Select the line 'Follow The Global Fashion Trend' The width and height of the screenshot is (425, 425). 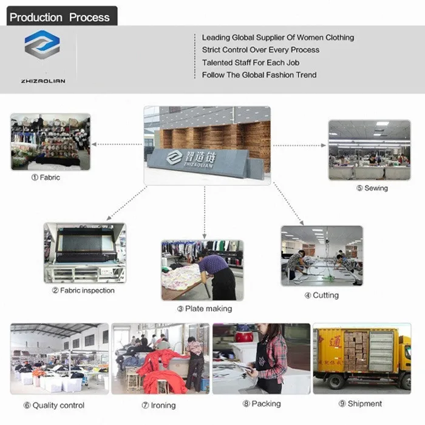click(x=259, y=75)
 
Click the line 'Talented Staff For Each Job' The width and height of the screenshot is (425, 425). click(x=251, y=63)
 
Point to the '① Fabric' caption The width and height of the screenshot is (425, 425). click(x=46, y=178)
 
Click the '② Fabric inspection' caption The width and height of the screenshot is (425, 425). click(x=83, y=291)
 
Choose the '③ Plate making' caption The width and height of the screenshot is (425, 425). click(x=205, y=309)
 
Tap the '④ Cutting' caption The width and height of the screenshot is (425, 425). click(x=321, y=296)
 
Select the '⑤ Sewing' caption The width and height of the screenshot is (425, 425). click(x=372, y=189)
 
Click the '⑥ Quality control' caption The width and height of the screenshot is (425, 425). click(x=54, y=405)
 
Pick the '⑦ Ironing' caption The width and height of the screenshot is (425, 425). click(x=158, y=405)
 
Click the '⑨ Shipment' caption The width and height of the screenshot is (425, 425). click(x=360, y=404)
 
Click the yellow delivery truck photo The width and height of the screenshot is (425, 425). click(x=362, y=359)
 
